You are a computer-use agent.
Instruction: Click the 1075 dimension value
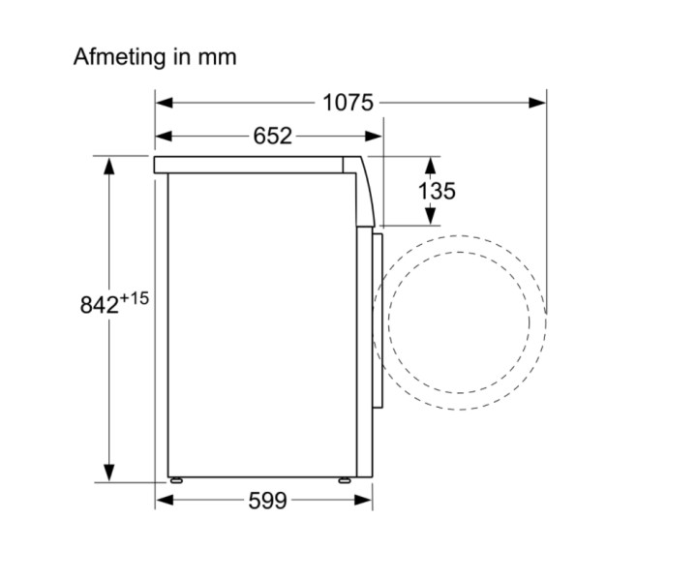pyautogui.click(x=348, y=103)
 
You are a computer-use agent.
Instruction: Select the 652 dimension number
pyautogui.click(x=272, y=136)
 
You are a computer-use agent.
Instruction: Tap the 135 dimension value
pyautogui.click(x=437, y=191)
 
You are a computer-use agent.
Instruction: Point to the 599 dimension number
pyautogui.click(x=267, y=501)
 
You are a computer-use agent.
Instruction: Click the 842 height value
pyautogui.click(x=99, y=305)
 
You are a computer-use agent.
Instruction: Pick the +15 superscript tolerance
pyautogui.click(x=134, y=298)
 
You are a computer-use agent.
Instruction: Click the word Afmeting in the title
pyautogui.click(x=119, y=57)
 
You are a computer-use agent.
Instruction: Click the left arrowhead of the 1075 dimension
pyautogui.click(x=164, y=104)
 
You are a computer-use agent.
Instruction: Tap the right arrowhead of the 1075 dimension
pyautogui.click(x=537, y=104)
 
